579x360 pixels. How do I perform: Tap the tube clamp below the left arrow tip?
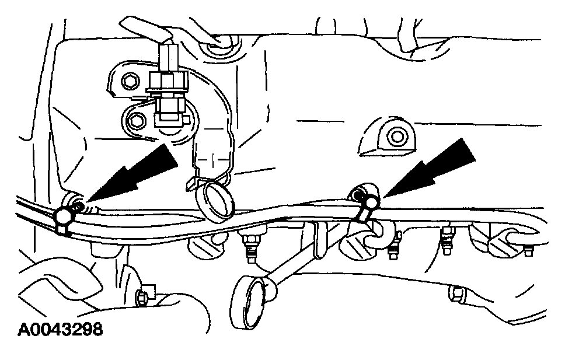click(63, 219)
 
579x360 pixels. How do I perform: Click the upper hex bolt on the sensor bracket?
click(130, 81)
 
